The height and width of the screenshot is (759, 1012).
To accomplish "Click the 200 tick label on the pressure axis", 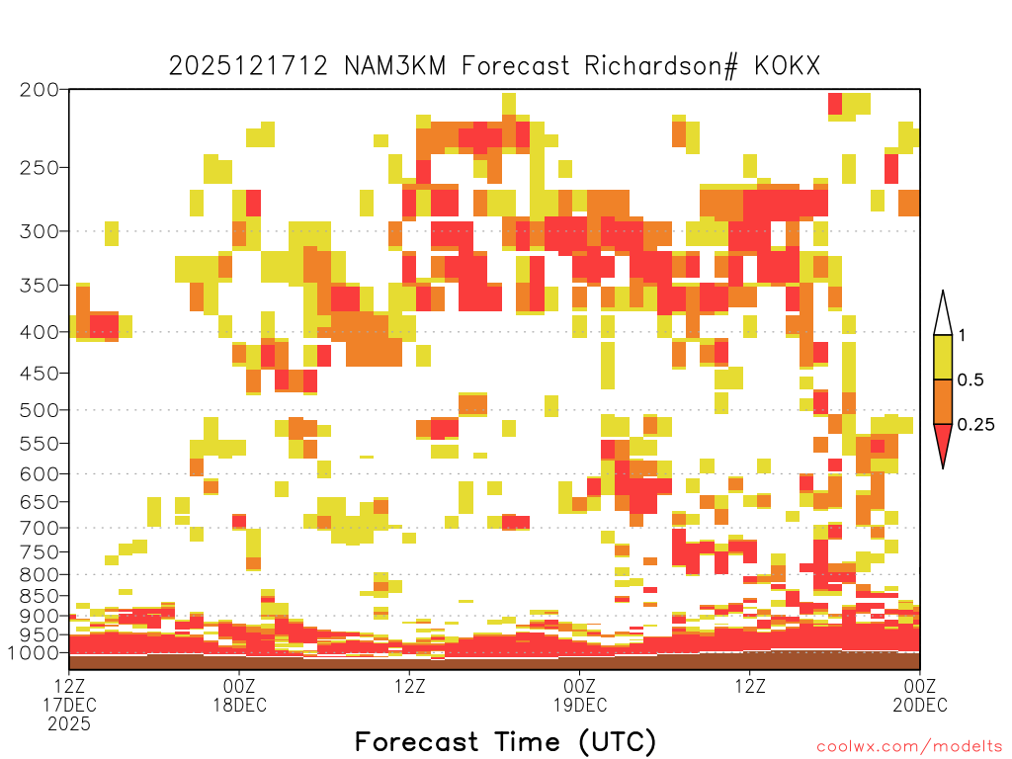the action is (39, 90).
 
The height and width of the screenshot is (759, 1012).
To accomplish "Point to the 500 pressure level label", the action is (39, 410).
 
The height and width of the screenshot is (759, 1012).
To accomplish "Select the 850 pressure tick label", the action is (39, 596).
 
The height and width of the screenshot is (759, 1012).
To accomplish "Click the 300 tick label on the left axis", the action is (39, 231).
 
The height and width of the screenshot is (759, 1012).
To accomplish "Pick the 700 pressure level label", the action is (39, 528).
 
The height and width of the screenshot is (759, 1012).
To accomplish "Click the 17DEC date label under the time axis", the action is (69, 705).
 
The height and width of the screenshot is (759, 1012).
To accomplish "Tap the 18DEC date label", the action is (239, 705).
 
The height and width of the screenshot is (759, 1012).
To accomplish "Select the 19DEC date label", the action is (579, 705).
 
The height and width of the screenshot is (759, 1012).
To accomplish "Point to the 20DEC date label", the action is (920, 705).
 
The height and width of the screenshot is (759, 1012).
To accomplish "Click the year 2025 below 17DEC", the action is (69, 724).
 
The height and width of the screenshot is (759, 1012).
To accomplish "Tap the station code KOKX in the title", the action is (787, 66).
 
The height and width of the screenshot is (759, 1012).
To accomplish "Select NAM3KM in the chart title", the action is (394, 66).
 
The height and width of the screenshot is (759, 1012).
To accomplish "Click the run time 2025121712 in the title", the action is (248, 66).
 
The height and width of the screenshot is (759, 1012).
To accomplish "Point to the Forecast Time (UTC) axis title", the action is (505, 741).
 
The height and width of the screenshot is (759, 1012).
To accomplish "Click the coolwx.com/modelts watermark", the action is (909, 747).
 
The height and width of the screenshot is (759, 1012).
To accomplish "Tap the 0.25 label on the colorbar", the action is (975, 424).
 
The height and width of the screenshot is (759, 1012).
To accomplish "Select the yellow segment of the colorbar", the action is (943, 357).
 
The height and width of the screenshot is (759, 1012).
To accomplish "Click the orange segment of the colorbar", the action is (943, 401).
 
